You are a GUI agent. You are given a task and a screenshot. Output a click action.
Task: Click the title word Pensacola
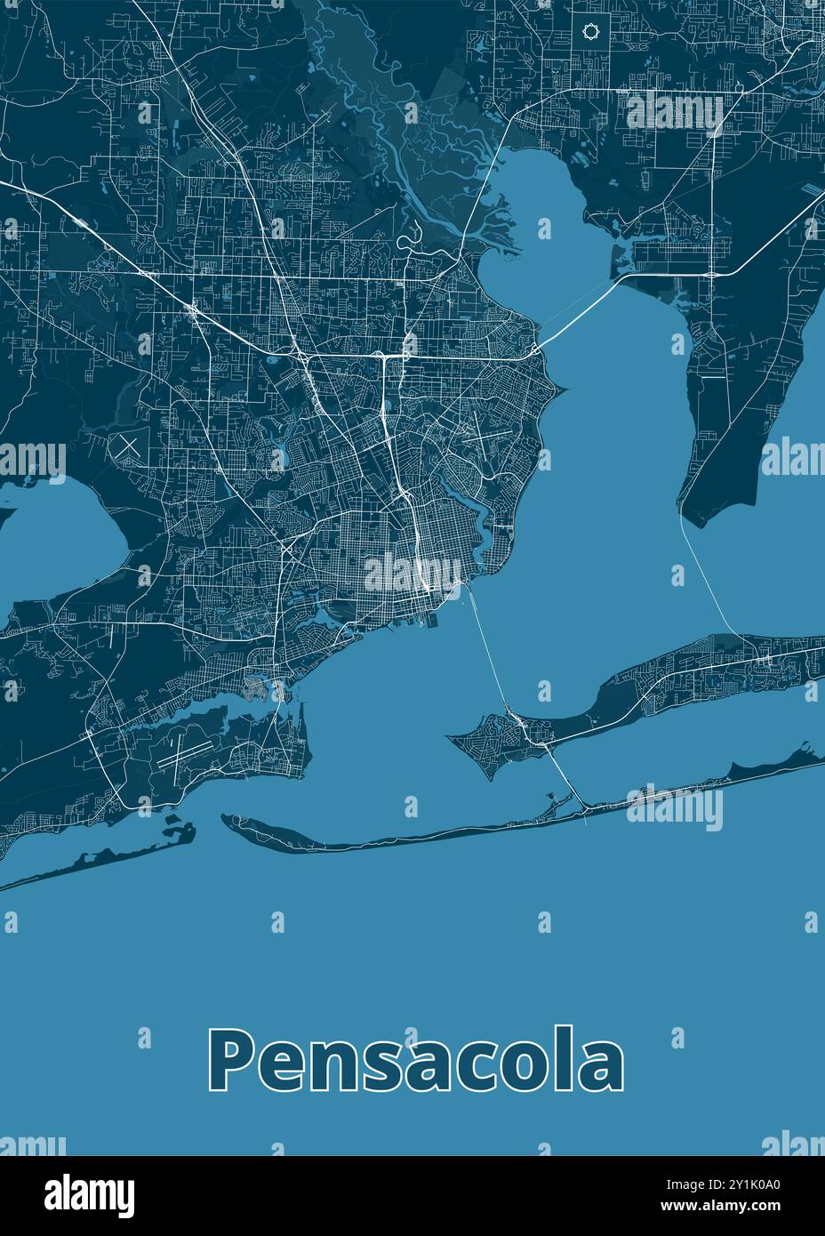(415, 1060)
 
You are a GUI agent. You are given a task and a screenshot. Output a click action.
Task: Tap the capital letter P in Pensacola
(228, 1060)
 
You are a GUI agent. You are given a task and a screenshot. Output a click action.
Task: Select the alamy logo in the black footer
(90, 1194)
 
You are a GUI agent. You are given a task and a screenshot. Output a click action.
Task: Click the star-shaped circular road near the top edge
(589, 33)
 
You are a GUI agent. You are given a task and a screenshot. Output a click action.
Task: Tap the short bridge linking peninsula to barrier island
(565, 775)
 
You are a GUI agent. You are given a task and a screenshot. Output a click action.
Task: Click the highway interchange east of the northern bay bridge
(713, 275)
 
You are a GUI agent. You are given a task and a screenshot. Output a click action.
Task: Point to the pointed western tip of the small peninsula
(450, 736)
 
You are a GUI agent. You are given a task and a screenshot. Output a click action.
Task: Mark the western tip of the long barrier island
(226, 819)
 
